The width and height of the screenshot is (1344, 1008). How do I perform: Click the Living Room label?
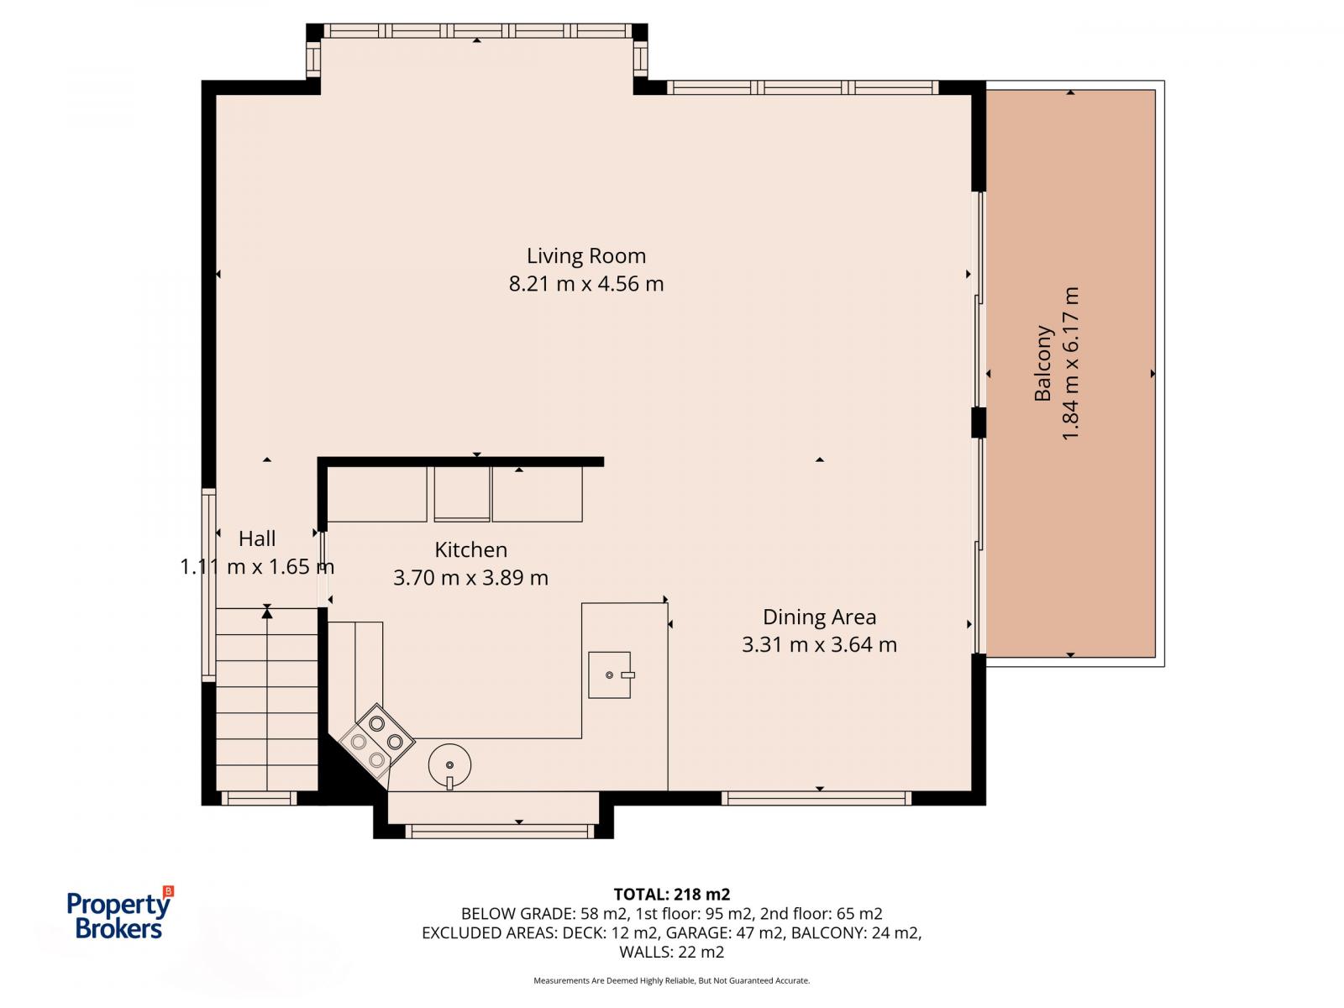point(586,255)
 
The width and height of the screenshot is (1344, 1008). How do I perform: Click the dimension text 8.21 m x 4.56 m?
point(586,284)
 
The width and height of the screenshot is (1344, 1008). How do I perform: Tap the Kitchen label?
point(470,549)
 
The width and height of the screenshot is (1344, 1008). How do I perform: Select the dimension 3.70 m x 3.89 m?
point(470,578)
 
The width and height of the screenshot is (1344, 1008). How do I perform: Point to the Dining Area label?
point(819,617)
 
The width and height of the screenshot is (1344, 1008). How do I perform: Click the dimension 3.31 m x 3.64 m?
point(819,645)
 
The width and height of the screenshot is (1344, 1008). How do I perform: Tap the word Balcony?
point(1043,363)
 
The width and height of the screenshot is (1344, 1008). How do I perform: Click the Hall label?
point(257,538)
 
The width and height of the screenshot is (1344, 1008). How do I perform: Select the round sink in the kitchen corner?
point(449,764)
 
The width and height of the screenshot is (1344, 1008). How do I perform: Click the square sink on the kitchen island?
point(609,675)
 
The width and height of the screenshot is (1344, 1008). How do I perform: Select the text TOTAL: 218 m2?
point(671,894)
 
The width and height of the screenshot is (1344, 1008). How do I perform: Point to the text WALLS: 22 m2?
point(671,952)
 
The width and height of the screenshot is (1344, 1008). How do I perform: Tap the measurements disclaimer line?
point(671,980)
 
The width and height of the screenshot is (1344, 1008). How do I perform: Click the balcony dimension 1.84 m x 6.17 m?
point(1070,363)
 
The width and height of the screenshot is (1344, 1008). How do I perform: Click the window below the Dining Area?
point(816,798)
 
